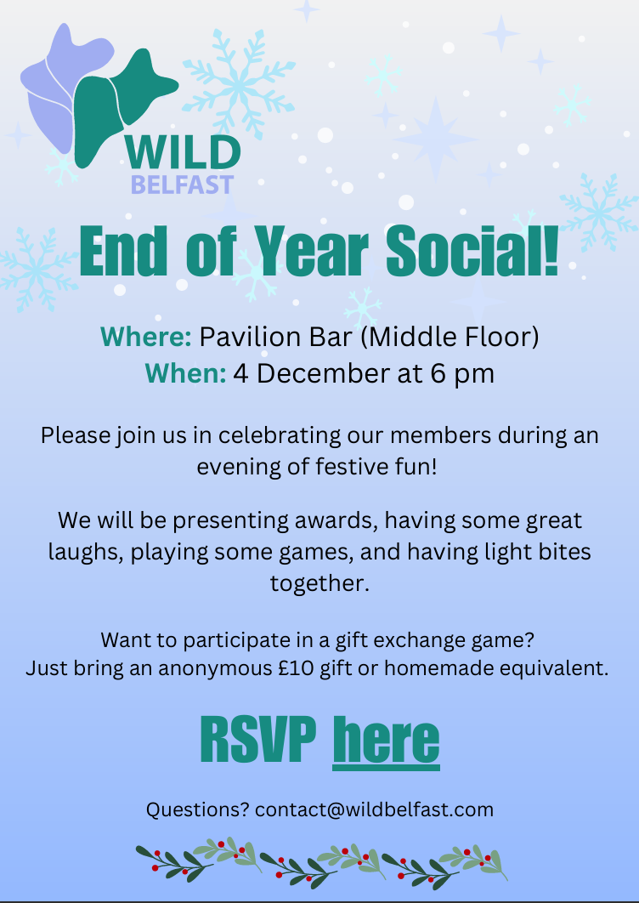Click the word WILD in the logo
(x=182, y=153)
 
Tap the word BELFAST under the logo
(x=182, y=185)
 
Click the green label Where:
(x=145, y=337)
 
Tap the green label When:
(x=184, y=373)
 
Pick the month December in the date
(x=314, y=373)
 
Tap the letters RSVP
(x=257, y=740)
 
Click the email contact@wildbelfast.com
(x=374, y=809)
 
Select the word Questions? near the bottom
(x=197, y=809)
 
